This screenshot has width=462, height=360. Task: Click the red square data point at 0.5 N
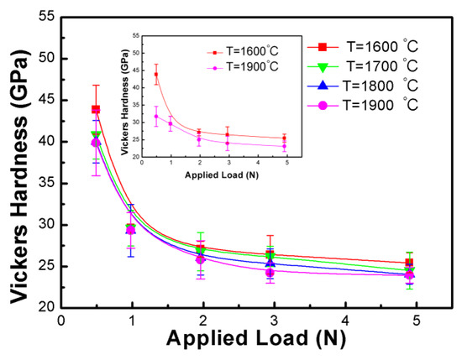[x=96, y=109]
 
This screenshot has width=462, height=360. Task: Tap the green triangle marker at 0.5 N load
[x=96, y=135]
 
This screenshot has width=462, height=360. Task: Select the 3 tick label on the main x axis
[x=274, y=321]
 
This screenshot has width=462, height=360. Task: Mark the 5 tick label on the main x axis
[x=417, y=321]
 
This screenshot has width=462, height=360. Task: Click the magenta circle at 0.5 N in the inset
[x=156, y=116]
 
